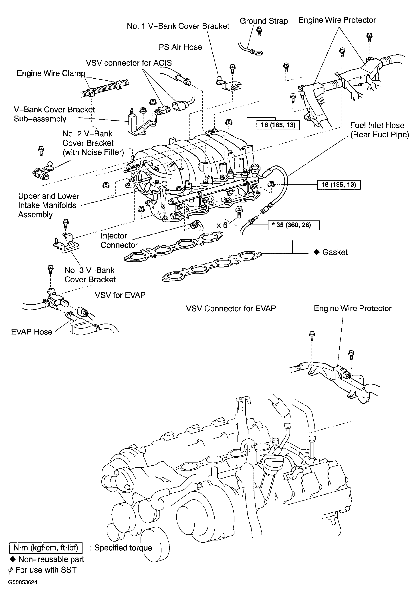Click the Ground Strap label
click(264, 21)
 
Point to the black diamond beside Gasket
click(317, 252)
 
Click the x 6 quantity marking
click(222, 225)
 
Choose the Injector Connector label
click(119, 240)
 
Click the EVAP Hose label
click(32, 332)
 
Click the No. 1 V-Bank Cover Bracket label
click(178, 26)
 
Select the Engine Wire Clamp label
click(51, 73)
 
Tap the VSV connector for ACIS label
click(129, 63)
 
